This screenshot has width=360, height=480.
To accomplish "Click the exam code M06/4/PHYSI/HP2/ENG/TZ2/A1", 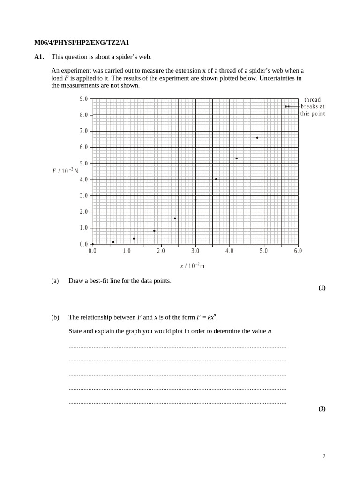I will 82,43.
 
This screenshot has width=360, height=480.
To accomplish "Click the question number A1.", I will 39,57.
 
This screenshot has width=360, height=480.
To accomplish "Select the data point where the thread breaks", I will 285,106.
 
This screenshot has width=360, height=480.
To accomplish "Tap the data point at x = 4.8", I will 257,138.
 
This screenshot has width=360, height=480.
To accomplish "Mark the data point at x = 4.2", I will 237,158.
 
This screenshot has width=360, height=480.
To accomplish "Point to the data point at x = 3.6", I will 216,179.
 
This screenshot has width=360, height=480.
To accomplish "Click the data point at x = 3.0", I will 195,200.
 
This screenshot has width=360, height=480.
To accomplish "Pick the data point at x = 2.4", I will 175,218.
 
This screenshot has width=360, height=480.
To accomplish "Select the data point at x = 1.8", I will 154,231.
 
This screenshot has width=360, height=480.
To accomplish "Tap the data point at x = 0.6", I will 113,242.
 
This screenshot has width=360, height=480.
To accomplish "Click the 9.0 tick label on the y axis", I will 83,99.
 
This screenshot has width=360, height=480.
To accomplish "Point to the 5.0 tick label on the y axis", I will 83,164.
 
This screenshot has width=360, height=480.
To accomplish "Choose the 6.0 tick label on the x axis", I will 298,251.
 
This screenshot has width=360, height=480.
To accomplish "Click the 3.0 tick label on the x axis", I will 195,251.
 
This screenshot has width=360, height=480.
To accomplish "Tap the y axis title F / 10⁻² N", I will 65,171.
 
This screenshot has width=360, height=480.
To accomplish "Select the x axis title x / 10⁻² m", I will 192,266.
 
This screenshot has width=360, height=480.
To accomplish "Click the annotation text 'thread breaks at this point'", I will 313,106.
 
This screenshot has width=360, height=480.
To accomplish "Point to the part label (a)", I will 55,281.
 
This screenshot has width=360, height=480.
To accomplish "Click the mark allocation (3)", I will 322,409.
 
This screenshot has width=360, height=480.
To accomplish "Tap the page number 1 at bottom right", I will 323,456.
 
